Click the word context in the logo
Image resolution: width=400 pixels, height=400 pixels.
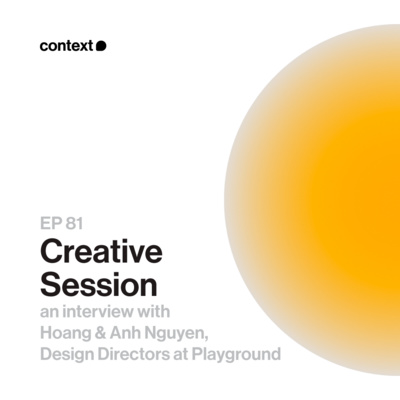pyautogui.click(x=66, y=46)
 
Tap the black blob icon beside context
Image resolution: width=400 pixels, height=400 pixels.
pyautogui.click(x=101, y=46)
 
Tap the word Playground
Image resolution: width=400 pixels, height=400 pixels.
pyautogui.click(x=246, y=354)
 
